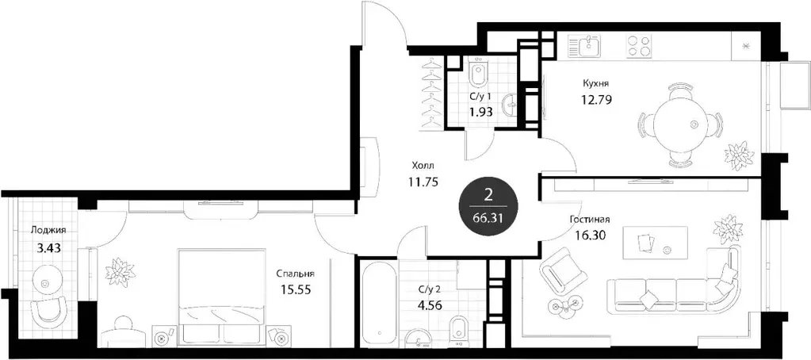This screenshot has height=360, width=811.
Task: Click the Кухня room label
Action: coord(595,82)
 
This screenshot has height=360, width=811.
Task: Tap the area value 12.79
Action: coord(596,100)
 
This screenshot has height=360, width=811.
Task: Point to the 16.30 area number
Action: coord(587,235)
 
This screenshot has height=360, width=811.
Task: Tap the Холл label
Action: coord(422,167)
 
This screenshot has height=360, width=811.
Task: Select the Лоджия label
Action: coord(48,231)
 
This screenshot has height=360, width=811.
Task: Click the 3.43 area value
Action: coord(48,247)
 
